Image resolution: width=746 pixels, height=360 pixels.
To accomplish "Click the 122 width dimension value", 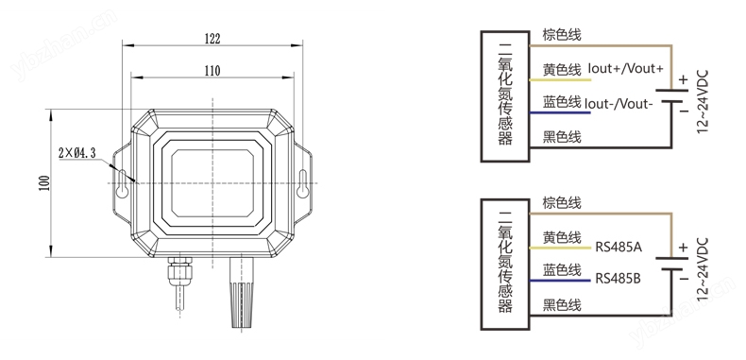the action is coord(212,38).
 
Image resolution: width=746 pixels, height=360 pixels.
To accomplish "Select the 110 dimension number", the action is coord(212,71).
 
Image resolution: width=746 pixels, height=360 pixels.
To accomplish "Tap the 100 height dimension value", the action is coord(44,183).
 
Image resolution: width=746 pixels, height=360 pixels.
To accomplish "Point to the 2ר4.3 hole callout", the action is coord(77,153).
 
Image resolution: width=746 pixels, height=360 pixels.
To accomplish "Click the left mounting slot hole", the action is coord(123,184).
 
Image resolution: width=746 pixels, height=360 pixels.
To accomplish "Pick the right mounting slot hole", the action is coord(302,184).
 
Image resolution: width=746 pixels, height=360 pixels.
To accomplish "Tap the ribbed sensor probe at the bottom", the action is coord(242,292).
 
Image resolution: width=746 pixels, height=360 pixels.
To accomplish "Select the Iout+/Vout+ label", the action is coord(626,69).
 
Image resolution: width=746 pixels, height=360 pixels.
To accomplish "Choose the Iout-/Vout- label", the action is coord(617,103).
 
